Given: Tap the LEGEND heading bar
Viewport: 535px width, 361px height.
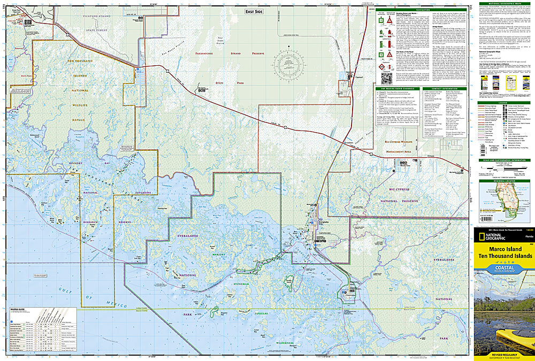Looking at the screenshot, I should tap(503, 103).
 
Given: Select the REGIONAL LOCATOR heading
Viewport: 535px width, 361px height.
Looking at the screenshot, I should tap(503, 181).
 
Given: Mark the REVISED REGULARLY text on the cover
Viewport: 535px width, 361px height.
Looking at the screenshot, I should tap(503, 354).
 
